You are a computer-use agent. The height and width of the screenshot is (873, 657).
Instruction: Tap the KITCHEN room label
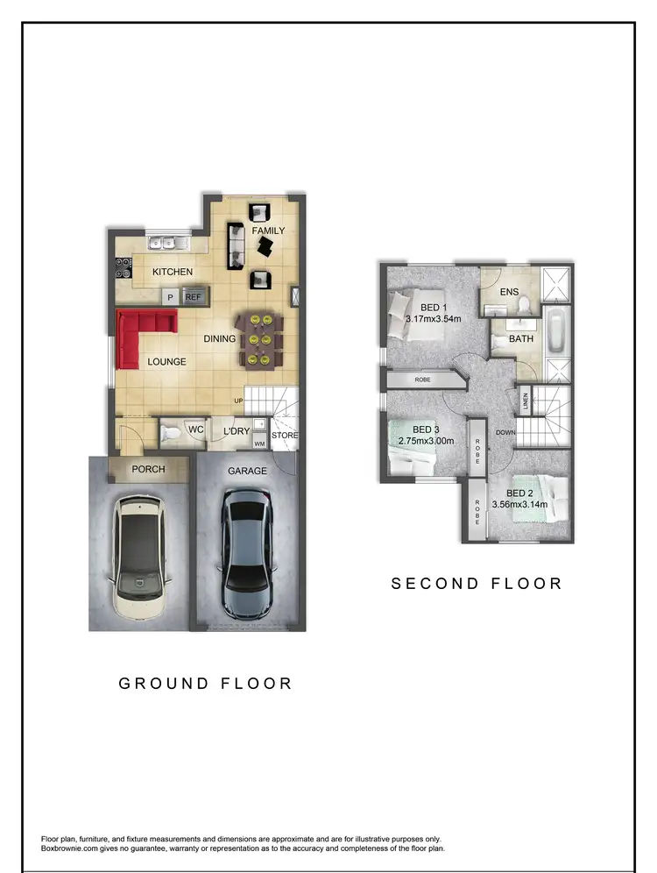(173, 273)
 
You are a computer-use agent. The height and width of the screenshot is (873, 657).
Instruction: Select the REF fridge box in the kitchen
(194, 298)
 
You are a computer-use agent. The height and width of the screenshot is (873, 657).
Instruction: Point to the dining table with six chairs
(260, 340)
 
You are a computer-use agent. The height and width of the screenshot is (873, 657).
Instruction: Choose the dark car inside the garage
(247, 552)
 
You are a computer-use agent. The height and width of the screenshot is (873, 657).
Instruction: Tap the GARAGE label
(247, 471)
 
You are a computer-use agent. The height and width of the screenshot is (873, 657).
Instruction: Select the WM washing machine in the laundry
(259, 444)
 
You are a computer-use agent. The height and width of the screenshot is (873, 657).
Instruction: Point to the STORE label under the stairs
(285, 435)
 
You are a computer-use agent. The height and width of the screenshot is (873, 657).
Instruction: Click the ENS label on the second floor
(510, 292)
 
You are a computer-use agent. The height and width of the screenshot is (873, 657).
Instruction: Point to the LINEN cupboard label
(526, 403)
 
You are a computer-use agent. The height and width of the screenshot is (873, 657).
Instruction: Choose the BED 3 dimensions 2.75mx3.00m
(426, 441)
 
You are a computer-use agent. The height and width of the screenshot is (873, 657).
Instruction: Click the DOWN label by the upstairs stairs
(504, 432)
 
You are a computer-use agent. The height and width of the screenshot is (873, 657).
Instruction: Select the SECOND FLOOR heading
(477, 583)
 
